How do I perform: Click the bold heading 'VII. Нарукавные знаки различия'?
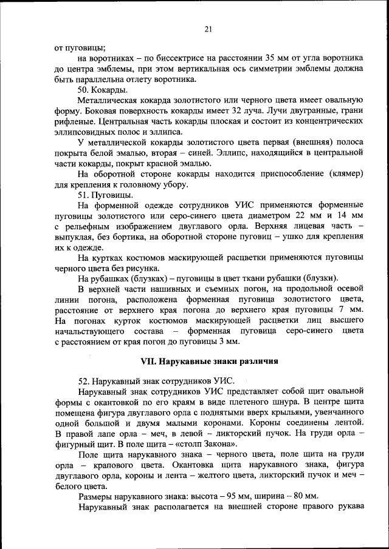tap(209, 362)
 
